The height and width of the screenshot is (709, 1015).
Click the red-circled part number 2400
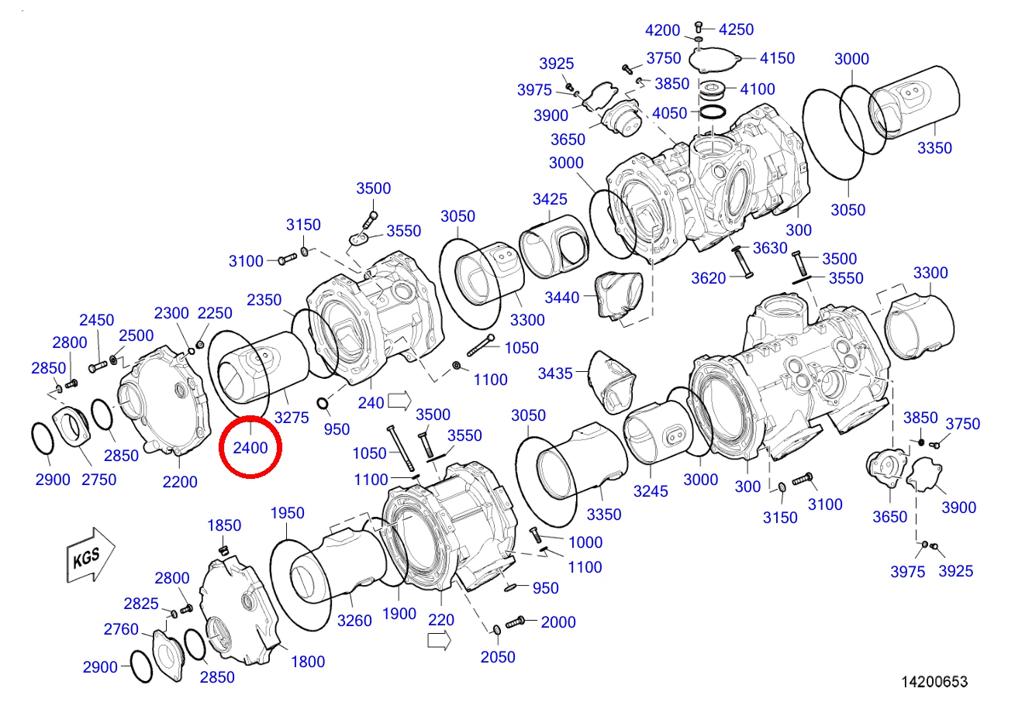[x=250, y=448]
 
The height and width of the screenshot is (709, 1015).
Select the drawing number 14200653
[x=934, y=682]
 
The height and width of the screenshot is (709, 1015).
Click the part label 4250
[x=737, y=29]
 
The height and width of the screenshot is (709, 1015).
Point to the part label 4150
[x=777, y=58]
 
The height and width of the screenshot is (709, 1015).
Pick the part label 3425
[x=550, y=199]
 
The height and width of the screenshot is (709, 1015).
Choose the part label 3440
[x=562, y=298]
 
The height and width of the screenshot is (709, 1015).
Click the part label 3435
[x=555, y=373]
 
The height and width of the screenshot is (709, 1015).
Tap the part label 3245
[x=651, y=491]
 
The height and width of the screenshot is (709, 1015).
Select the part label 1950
[x=287, y=513]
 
